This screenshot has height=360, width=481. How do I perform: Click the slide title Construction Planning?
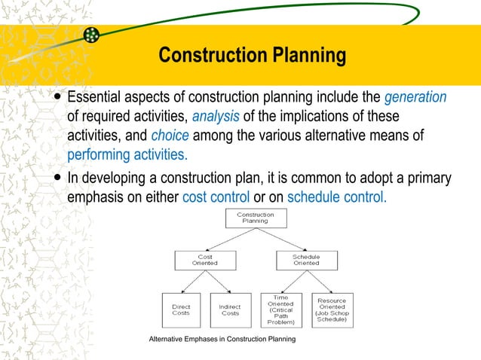pyautogui.click(x=253, y=56)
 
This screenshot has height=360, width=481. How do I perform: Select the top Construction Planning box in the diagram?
pyautogui.click(x=256, y=218)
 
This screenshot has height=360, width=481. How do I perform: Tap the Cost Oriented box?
pyautogui.click(x=205, y=261)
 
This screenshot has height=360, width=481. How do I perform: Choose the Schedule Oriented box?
pyautogui.click(x=306, y=261)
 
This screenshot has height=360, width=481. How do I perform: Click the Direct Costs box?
pyautogui.click(x=181, y=310)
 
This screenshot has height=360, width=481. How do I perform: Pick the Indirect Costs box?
pyautogui.click(x=230, y=310)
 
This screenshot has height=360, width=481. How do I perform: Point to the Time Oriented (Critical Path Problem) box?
pyautogui.click(x=280, y=310)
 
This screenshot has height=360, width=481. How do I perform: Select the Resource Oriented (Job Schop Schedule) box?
pyautogui.click(x=332, y=310)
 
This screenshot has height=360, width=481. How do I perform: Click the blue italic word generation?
pyautogui.click(x=415, y=98)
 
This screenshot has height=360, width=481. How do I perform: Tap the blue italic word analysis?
pyautogui.click(x=216, y=117)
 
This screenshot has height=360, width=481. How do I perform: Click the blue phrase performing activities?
pyautogui.click(x=127, y=154)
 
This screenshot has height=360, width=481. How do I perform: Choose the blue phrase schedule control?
pyautogui.click(x=337, y=197)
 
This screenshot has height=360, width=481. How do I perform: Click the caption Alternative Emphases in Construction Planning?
pyautogui.click(x=222, y=340)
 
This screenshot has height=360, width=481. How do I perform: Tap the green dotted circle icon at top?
pyautogui.click(x=91, y=35)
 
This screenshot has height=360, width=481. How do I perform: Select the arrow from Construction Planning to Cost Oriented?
pyautogui.click(x=229, y=239)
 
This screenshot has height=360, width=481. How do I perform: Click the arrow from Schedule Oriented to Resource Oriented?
pyautogui.click(x=319, y=282)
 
